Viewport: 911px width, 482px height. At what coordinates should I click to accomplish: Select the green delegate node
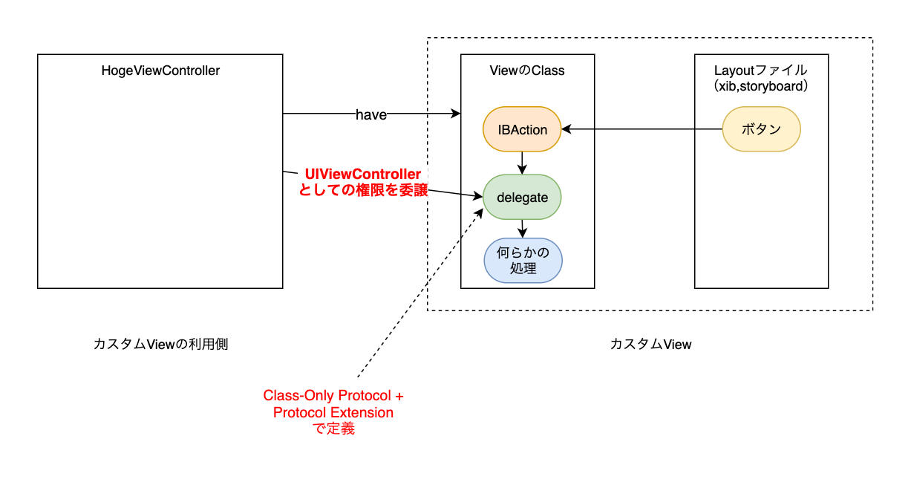[x=522, y=198]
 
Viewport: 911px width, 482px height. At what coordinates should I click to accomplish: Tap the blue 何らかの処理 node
[x=523, y=261]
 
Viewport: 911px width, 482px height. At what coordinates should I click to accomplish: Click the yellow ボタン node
[x=761, y=129]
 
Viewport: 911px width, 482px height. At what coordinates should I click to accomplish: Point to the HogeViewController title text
[x=160, y=71]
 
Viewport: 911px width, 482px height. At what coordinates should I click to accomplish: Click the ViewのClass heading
[x=527, y=71]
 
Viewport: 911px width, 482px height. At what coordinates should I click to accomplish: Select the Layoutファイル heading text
[x=760, y=71]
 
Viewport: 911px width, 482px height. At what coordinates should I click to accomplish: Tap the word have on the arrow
[x=371, y=114]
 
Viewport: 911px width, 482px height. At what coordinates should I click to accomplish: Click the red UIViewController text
[x=363, y=175]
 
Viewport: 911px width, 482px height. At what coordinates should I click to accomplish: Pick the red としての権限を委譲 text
[x=363, y=190]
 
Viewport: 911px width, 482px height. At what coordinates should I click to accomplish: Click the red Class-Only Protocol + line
[x=333, y=395]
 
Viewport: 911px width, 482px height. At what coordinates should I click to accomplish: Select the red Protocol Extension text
[x=333, y=412]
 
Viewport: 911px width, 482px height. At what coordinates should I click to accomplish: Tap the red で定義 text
[x=333, y=429]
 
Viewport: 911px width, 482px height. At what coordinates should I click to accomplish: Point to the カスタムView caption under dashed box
[x=650, y=345]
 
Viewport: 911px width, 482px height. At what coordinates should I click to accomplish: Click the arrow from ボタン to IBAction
[x=642, y=129]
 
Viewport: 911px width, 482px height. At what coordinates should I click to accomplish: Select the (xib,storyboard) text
[x=760, y=86]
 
